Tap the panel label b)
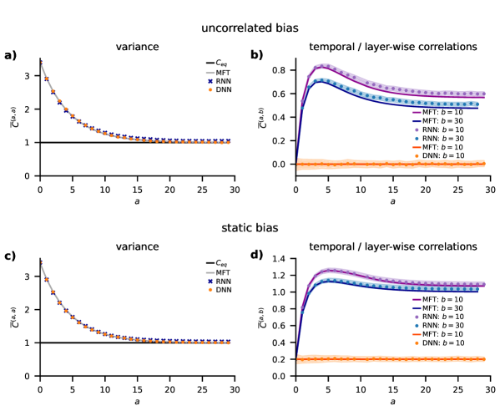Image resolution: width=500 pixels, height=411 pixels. point(257,56)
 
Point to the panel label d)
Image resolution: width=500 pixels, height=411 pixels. point(257,256)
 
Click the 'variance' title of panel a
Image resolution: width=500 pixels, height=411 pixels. point(137,48)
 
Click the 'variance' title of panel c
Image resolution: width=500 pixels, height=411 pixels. point(137,247)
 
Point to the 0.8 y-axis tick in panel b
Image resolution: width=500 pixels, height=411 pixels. point(283,70)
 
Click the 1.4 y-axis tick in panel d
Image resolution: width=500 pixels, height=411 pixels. point(283,261)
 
